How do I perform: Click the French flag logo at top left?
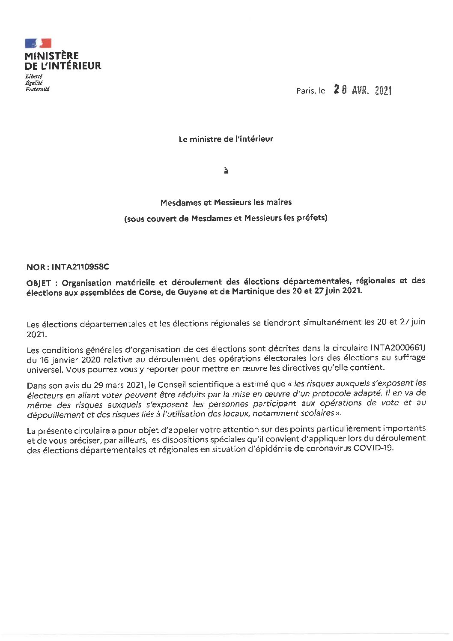pos(38,43)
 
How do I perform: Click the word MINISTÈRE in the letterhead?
pos(52,56)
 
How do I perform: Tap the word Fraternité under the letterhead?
pos(37,90)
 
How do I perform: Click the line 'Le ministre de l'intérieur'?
pos(226,139)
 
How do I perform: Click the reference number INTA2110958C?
pos(80,267)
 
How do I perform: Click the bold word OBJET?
pos(39,282)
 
